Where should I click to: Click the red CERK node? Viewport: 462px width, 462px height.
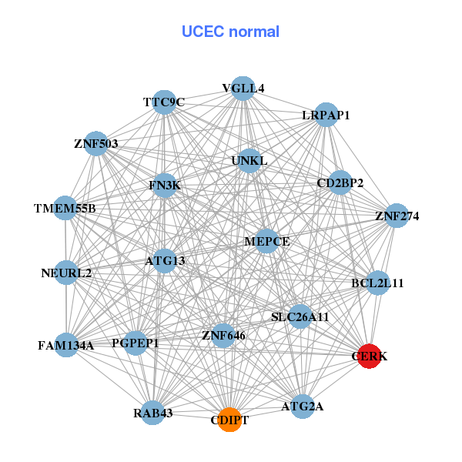370,357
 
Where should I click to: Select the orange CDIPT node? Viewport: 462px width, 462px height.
229,420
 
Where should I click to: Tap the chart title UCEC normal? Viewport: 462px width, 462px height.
230,32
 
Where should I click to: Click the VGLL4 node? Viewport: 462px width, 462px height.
243,88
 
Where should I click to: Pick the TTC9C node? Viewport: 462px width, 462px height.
164,102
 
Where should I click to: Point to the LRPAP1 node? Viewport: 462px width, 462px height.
326,115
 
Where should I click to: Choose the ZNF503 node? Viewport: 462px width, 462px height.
95,143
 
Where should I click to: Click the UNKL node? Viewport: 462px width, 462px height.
249,161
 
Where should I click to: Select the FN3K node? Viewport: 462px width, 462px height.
164,186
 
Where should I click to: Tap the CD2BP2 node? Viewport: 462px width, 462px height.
340,182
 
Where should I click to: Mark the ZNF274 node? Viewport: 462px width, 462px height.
397,216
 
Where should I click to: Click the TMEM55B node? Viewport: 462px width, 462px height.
65,209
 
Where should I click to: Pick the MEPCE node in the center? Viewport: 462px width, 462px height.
266,241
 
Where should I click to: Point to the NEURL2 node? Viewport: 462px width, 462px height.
66,273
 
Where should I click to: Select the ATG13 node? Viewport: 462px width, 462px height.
165,260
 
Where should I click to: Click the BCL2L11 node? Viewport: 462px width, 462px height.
377,283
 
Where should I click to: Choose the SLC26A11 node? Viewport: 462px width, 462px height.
300,316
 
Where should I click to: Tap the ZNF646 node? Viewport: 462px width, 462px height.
223,335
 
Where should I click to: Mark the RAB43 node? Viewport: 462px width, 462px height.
152,413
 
